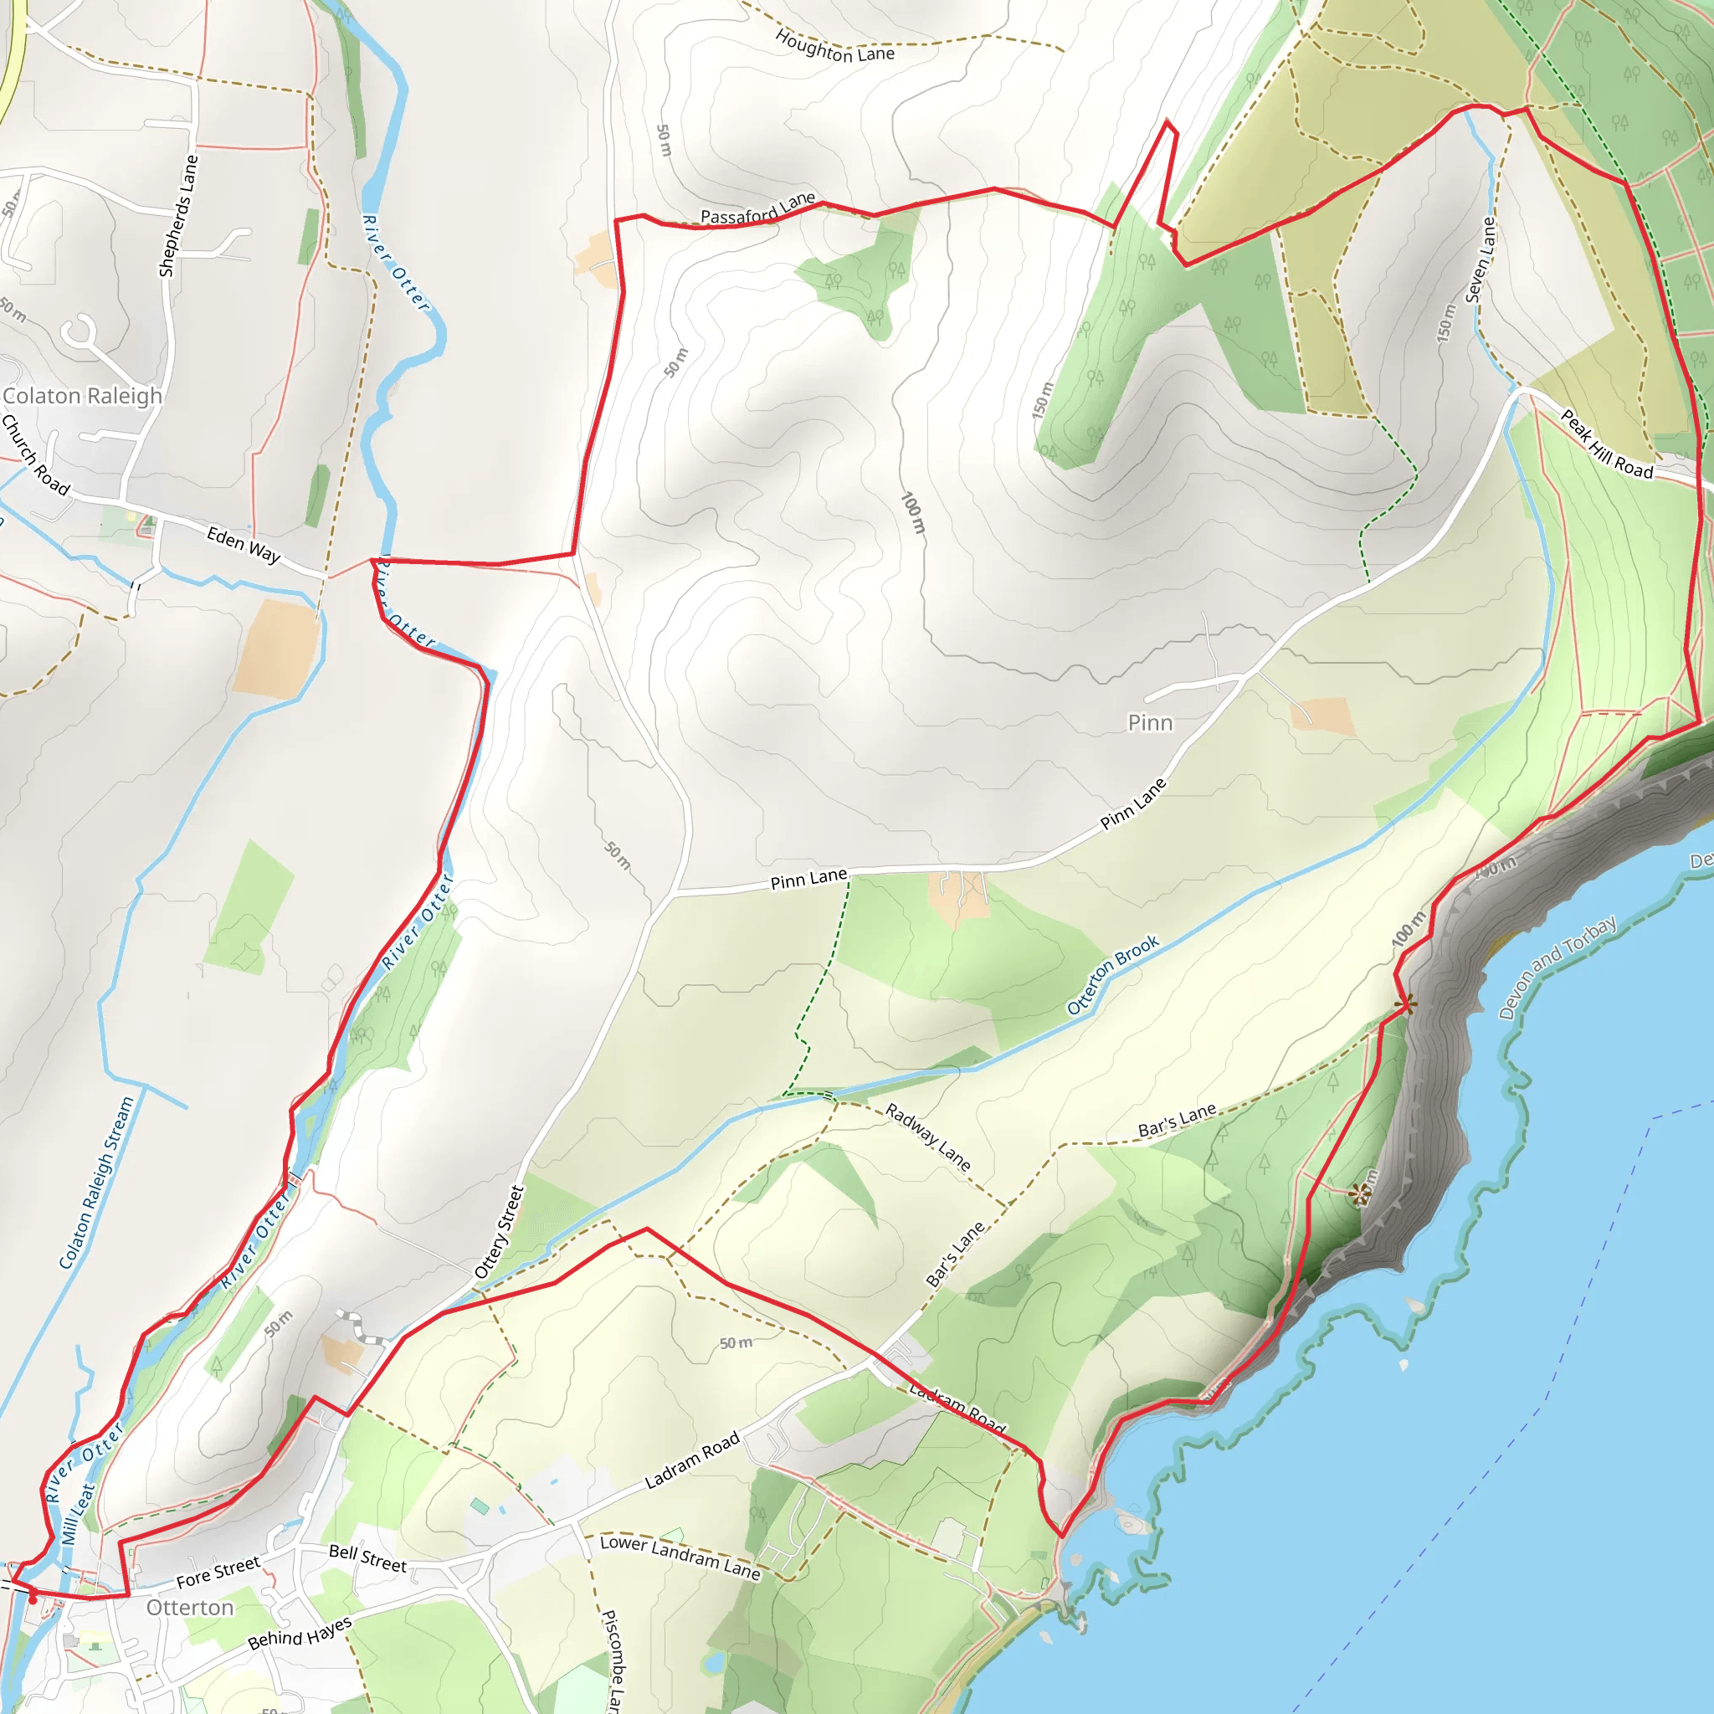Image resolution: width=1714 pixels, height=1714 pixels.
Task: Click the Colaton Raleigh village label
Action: [x=83, y=396]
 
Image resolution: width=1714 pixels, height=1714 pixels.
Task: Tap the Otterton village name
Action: [x=190, y=1608]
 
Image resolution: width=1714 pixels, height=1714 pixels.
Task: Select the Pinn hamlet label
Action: [x=1150, y=723]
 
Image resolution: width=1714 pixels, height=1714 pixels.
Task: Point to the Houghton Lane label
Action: [x=834, y=46]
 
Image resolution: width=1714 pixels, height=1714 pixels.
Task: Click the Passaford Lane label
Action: [x=757, y=209]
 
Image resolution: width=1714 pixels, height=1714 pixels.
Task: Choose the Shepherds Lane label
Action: [x=178, y=216]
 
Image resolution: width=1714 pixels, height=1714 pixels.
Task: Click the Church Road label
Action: [x=35, y=454]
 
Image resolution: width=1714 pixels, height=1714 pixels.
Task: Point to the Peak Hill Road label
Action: [x=1608, y=444]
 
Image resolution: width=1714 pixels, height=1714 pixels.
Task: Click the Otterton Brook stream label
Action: [x=1112, y=975]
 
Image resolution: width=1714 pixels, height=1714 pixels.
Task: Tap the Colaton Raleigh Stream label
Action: [x=97, y=1183]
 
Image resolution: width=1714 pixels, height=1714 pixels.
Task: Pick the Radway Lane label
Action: [x=928, y=1137]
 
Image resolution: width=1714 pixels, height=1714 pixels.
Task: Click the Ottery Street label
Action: [x=500, y=1232]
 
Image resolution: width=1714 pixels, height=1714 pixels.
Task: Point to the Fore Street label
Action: [x=218, y=1572]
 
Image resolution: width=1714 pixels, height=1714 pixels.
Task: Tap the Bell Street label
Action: [x=367, y=1558]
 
